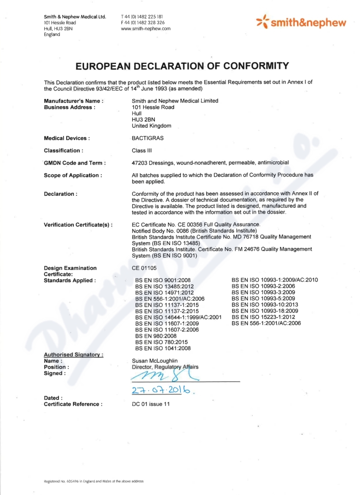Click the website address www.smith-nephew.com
pyautogui.click(x=145, y=28)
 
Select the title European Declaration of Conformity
pyautogui.click(x=182, y=66)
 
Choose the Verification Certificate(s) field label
pyautogui.click(x=78, y=224)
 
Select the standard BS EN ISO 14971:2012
pyautogui.click(x=164, y=292)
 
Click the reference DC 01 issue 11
pyautogui.click(x=151, y=404)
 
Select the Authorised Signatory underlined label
pyautogui.click(x=73, y=355)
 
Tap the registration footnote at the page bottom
pyautogui.click(x=94, y=481)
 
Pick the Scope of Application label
pyautogui.click(x=72, y=175)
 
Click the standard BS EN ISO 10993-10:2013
pyautogui.click(x=263, y=304)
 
